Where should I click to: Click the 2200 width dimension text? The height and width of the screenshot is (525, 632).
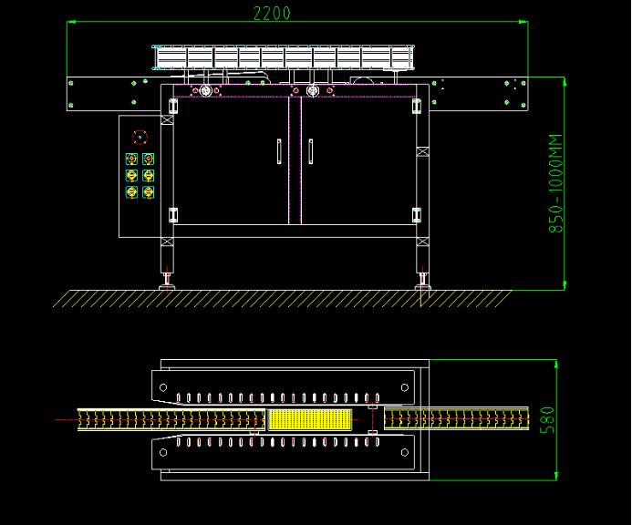click(272, 13)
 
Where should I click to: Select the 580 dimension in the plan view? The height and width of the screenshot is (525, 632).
click(546, 420)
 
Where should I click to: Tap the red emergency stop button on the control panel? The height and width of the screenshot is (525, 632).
click(140, 138)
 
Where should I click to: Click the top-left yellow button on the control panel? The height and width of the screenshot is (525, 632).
click(131, 160)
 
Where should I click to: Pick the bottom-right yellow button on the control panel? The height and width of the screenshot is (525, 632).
click(148, 192)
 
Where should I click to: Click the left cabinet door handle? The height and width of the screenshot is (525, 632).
click(279, 151)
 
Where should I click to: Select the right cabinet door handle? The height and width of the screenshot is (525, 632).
click(310, 151)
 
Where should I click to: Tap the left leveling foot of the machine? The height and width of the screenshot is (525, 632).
click(167, 285)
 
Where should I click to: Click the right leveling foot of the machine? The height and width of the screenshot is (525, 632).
click(422, 285)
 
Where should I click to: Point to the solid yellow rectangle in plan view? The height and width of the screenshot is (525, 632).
click(309, 419)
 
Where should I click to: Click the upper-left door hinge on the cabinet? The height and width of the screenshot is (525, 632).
click(173, 107)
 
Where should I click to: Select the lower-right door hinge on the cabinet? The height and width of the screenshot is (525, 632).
click(417, 215)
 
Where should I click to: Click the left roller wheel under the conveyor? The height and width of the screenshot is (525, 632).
click(206, 91)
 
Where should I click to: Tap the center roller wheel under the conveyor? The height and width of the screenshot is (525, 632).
click(313, 91)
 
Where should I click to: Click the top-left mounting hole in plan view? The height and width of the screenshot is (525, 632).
click(164, 387)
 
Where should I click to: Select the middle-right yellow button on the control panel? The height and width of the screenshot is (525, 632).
click(148, 175)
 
